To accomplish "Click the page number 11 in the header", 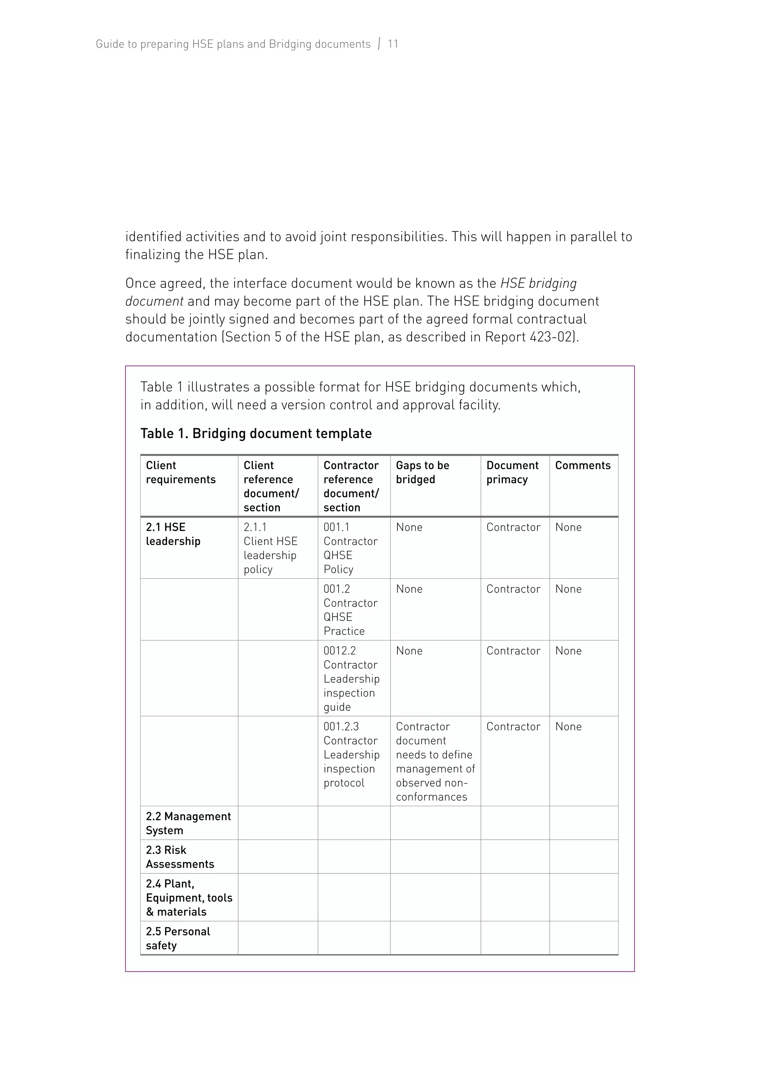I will [x=393, y=44].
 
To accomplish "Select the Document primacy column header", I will [x=512, y=473].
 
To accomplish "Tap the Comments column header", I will [x=583, y=465].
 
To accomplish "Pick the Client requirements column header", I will [x=180, y=473].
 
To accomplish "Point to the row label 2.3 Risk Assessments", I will [x=180, y=857].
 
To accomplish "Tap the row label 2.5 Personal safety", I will [x=177, y=938].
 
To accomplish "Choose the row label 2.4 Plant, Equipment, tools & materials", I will [x=189, y=898].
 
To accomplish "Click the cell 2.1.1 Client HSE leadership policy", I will [x=270, y=548].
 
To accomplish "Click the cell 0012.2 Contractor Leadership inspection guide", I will [x=351, y=679].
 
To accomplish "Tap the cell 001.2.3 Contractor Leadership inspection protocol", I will [x=351, y=754].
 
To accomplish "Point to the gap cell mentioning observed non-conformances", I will [x=435, y=761].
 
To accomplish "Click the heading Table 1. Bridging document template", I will [x=256, y=434].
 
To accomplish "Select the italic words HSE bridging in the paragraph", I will [x=538, y=283].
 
